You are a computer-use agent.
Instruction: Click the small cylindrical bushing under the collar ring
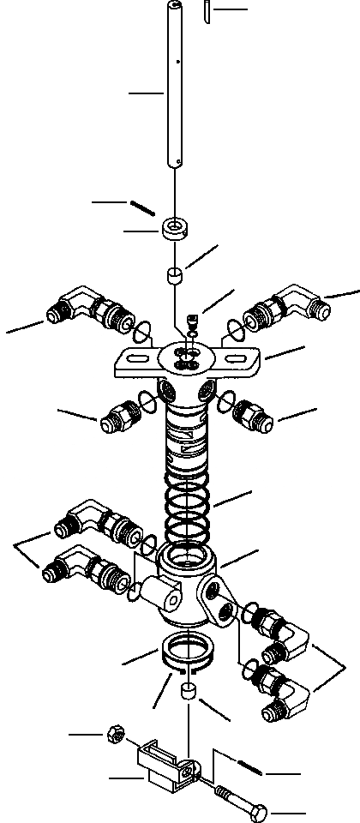[x=175, y=277]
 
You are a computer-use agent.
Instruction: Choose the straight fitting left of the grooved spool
[x=118, y=421]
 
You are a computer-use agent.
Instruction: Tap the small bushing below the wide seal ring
[x=186, y=692]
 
